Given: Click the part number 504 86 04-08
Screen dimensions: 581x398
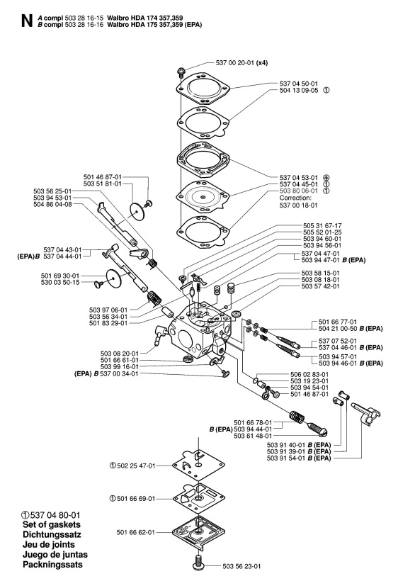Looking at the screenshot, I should (52, 203).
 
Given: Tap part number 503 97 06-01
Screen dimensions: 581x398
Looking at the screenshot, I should (109, 310).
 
